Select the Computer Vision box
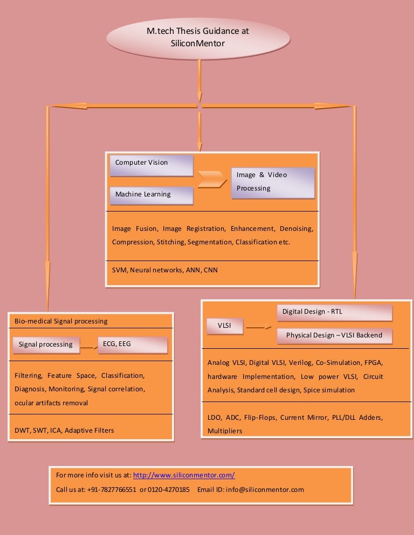151,165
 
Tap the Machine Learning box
151,195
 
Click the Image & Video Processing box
273,182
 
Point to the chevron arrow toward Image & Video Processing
212,180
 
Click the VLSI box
225,326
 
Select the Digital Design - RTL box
335,312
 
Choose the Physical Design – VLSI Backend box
335,336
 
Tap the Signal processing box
46,344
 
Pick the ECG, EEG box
133,344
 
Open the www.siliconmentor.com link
184,475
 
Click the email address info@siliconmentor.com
265,490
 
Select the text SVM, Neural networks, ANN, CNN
165,270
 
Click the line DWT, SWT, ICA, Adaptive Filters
64,430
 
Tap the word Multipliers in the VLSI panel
225,431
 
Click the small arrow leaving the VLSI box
260,327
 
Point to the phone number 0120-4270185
169,490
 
